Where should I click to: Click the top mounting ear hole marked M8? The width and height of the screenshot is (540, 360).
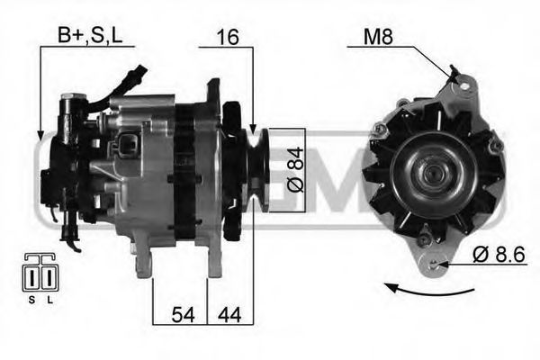(464, 86)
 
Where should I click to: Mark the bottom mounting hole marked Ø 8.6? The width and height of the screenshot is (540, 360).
(437, 263)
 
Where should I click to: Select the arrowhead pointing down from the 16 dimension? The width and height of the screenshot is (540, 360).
(253, 130)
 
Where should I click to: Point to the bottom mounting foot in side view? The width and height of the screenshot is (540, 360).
(142, 261)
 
